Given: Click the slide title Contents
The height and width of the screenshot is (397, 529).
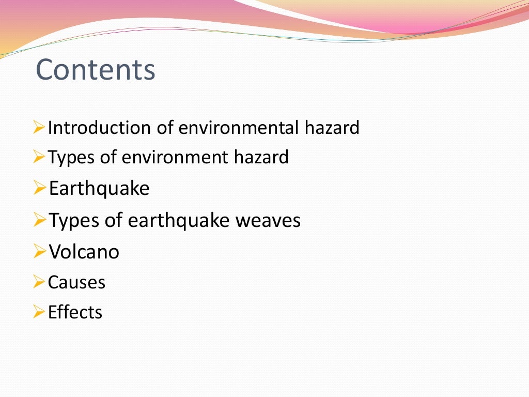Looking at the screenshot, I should pyautogui.click(x=96, y=70).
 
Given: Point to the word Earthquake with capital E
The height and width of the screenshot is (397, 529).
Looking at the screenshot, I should pyautogui.click(x=99, y=189).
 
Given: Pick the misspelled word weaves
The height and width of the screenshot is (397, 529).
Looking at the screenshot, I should pyautogui.click(x=268, y=221).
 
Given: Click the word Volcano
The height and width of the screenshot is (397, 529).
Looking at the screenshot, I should pyautogui.click(x=84, y=252).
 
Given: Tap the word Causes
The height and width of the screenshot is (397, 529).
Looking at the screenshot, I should pyautogui.click(x=76, y=283).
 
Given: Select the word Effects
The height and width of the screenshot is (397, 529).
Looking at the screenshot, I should pyautogui.click(x=75, y=312).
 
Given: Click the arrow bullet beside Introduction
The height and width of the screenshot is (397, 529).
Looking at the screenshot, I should pyautogui.click(x=39, y=127).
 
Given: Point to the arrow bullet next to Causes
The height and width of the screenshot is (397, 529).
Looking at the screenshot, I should pyautogui.click(x=39, y=282).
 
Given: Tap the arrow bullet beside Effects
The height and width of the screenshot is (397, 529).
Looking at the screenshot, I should pyautogui.click(x=39, y=312).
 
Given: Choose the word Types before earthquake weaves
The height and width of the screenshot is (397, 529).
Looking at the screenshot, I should pyautogui.click(x=74, y=221).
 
